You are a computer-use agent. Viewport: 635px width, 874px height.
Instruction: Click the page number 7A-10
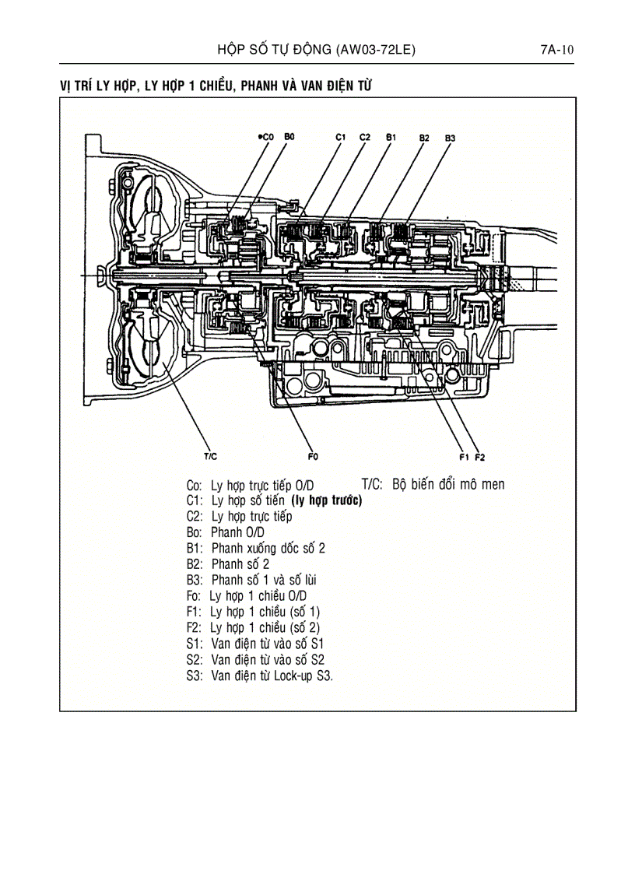[557, 51]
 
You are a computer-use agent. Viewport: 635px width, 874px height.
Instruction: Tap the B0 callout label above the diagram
[289, 136]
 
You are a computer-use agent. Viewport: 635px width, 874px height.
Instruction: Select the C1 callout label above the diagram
[341, 137]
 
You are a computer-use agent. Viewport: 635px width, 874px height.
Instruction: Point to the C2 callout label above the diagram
[365, 137]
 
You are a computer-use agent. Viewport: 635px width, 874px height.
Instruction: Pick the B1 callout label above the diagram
[391, 137]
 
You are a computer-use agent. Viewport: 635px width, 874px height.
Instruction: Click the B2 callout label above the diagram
[424, 138]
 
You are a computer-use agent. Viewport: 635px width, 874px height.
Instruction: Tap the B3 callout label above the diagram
[450, 138]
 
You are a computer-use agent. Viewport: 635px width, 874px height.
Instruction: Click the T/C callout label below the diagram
[210, 456]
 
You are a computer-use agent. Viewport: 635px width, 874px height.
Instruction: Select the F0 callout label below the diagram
[314, 456]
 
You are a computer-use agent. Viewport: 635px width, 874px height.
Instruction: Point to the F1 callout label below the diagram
[465, 456]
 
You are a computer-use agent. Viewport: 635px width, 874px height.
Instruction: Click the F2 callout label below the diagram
[480, 456]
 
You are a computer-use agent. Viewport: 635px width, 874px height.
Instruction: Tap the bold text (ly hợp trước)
[326, 500]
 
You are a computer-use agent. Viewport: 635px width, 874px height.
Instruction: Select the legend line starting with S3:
[259, 676]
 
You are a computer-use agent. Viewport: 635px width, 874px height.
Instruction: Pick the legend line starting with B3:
[251, 580]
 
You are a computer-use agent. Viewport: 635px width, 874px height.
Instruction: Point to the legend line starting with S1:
[255, 644]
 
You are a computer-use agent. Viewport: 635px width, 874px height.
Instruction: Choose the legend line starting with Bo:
[226, 532]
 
